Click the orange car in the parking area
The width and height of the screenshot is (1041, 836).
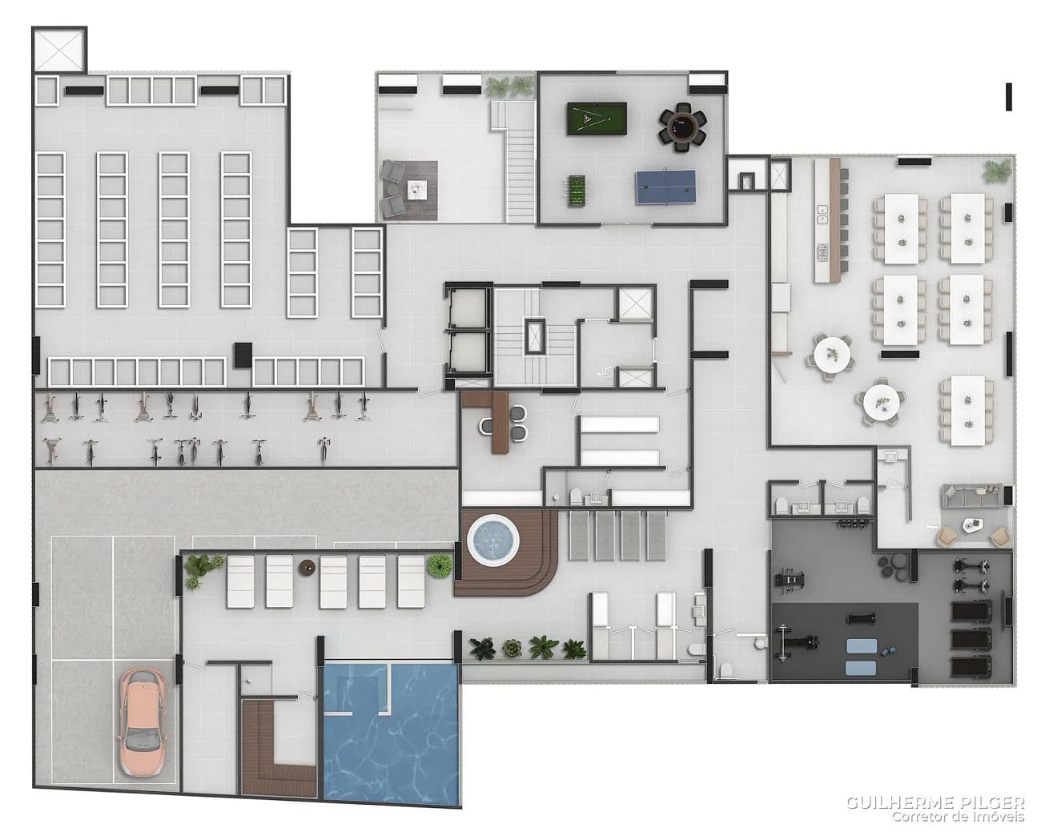tap(143, 723)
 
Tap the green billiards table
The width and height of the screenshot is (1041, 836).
tap(597, 119)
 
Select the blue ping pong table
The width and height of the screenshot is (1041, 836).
tap(665, 187)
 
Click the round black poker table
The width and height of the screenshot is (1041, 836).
tap(682, 127)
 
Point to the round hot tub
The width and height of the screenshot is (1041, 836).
tap(493, 540)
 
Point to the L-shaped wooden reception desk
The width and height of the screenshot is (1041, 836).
tap(492, 417)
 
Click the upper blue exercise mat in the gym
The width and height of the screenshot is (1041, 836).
tap(862, 646)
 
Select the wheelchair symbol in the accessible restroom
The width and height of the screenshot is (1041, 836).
tap(605, 372)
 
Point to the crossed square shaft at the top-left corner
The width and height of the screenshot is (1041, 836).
tap(59, 50)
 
